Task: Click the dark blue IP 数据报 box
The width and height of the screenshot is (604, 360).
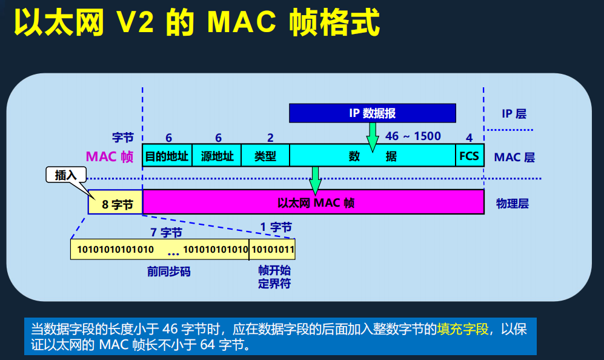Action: coord(372,113)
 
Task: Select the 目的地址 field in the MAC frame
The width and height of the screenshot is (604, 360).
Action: coord(167,156)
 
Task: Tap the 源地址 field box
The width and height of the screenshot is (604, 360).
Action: coord(216,156)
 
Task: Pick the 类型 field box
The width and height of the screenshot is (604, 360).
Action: coord(265,156)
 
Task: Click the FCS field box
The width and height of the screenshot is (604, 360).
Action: coord(469,156)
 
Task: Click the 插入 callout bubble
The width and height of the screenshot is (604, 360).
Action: coord(65,175)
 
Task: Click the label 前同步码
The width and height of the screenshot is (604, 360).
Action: coord(168,272)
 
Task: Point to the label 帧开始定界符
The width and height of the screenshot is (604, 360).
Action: coord(274,277)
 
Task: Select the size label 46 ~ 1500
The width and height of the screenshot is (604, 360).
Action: coord(413,136)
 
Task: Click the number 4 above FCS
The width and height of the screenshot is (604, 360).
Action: coord(469,138)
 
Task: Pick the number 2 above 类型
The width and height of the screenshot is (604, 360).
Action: coord(270,138)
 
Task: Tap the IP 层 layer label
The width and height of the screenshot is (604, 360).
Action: coord(514,113)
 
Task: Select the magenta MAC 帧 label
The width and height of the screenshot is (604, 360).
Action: coord(110,156)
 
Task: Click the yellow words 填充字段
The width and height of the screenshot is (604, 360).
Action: coord(463,329)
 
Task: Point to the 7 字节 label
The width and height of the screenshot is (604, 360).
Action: coord(166,232)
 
